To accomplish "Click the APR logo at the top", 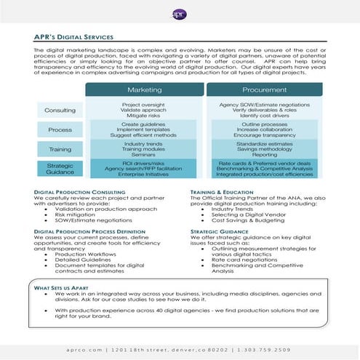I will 180,14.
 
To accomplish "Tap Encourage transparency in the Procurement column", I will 265,135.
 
